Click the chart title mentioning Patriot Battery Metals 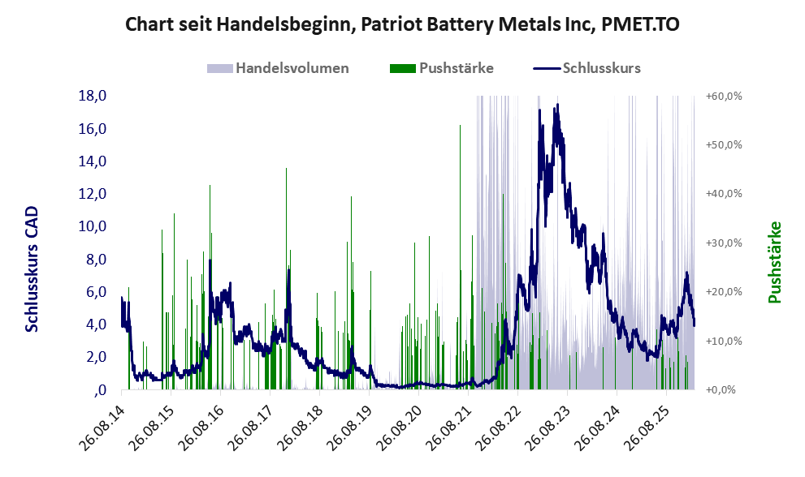pyautogui.click(x=402, y=25)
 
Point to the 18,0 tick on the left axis pyautogui.click(x=93, y=96)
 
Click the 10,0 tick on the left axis pyautogui.click(x=93, y=226)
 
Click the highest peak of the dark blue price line pyautogui.click(x=556, y=105)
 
